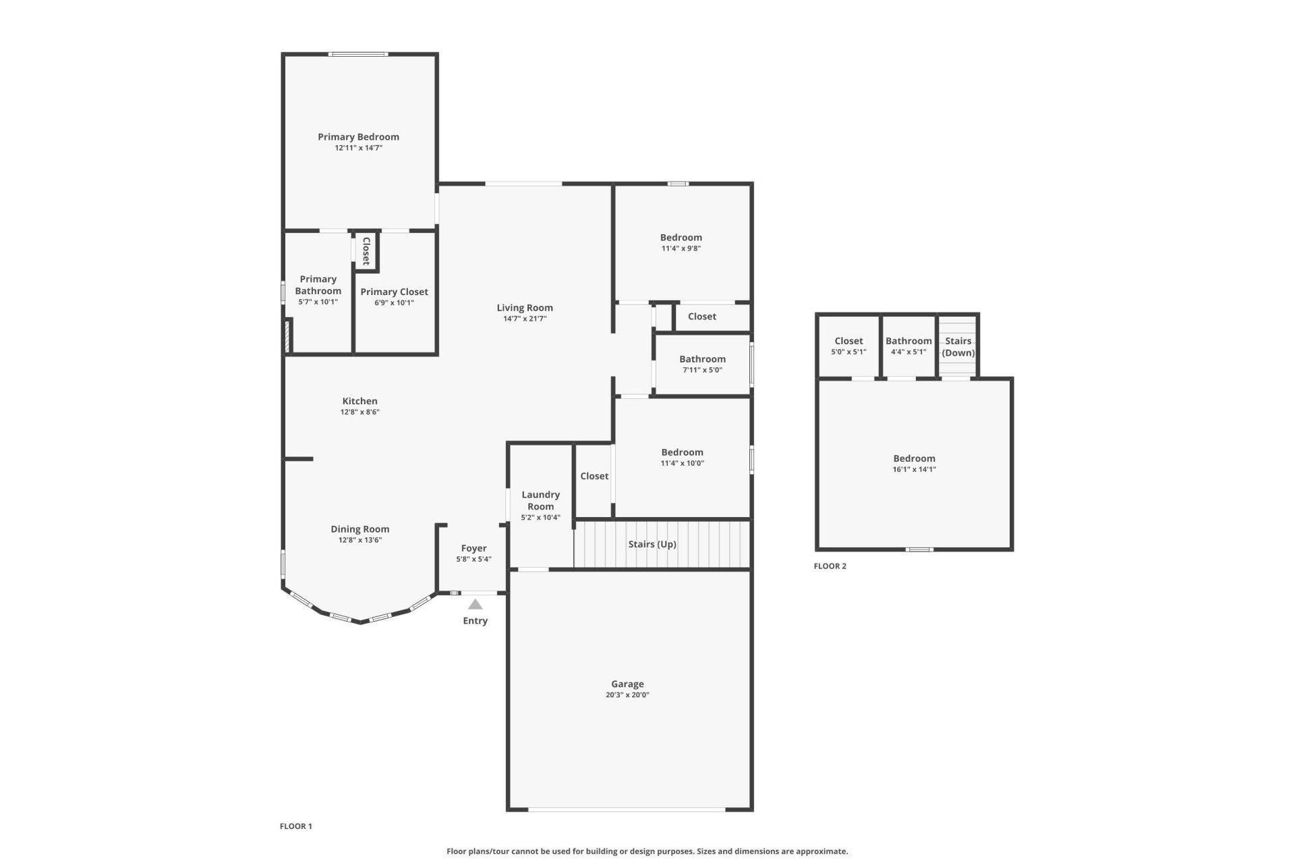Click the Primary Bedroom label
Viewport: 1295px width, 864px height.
click(358, 137)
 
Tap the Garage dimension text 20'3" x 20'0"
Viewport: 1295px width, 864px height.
click(627, 695)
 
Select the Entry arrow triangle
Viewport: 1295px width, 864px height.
click(476, 605)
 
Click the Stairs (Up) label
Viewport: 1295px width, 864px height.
click(652, 544)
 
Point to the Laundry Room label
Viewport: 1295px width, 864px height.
click(540, 500)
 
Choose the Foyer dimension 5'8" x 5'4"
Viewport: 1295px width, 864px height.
click(473, 559)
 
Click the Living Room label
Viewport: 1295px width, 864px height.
click(525, 308)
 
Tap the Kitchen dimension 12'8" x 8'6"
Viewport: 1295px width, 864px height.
click(359, 412)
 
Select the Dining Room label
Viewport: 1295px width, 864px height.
click(359, 529)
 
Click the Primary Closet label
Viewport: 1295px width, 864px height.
click(394, 292)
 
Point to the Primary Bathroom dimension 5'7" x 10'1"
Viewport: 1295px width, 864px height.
click(318, 302)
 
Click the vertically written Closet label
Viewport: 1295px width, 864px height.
click(366, 251)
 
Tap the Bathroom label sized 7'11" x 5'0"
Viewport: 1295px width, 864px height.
click(702, 359)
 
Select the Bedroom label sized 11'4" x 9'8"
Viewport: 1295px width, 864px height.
click(681, 238)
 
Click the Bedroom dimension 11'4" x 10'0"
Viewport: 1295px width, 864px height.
click(682, 463)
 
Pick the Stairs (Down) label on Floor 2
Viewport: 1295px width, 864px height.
click(958, 347)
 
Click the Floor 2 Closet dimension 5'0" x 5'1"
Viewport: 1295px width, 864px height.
click(848, 352)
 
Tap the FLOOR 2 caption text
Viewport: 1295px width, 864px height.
click(830, 566)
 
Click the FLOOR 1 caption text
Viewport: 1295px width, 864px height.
click(295, 826)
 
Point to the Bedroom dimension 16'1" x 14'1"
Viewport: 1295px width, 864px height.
click(914, 469)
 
